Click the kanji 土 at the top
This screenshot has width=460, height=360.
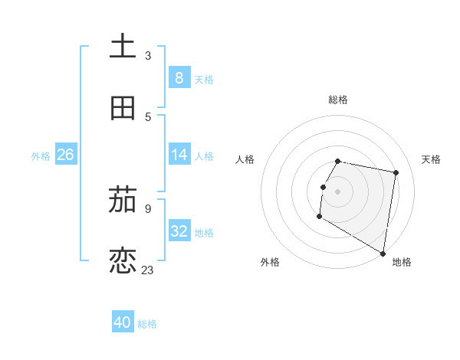(x=123, y=46)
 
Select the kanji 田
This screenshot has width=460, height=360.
(x=123, y=108)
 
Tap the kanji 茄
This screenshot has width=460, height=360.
(x=123, y=201)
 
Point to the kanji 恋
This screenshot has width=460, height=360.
(x=123, y=260)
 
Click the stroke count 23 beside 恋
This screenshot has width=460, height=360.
(x=148, y=270)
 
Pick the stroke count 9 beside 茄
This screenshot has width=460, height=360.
(x=147, y=208)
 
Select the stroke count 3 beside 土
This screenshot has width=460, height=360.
(x=147, y=55)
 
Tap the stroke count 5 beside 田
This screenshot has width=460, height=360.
(x=147, y=116)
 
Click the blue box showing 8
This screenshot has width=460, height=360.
(x=179, y=77)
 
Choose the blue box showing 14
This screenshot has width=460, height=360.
(x=179, y=155)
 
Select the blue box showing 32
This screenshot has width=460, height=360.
(x=179, y=231)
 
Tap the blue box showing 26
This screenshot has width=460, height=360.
(x=65, y=155)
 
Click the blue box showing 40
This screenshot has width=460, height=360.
(x=123, y=322)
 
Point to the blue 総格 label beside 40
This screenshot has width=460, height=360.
(x=147, y=324)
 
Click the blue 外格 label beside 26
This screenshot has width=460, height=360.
(x=41, y=156)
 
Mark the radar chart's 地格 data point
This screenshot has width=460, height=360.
(x=383, y=254)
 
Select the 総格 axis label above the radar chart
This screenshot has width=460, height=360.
(x=337, y=100)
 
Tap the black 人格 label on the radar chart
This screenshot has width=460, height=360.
(x=245, y=159)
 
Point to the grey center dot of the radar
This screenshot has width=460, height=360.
(x=337, y=191)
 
